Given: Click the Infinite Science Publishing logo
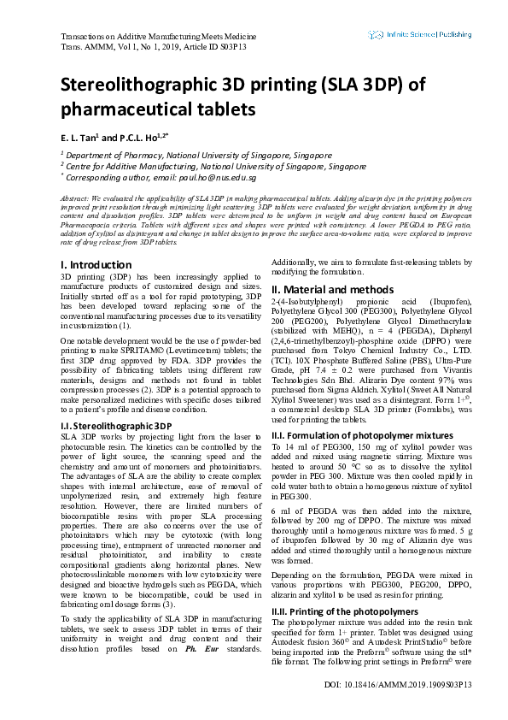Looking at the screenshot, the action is pyautogui.click(x=420, y=35).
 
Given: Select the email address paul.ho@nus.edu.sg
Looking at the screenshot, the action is pyautogui.click(x=218, y=178).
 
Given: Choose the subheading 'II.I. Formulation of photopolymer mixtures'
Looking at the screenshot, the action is pyautogui.click(x=360, y=434).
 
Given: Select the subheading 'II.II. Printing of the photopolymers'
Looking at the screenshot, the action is pyautogui.click(x=346, y=611).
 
